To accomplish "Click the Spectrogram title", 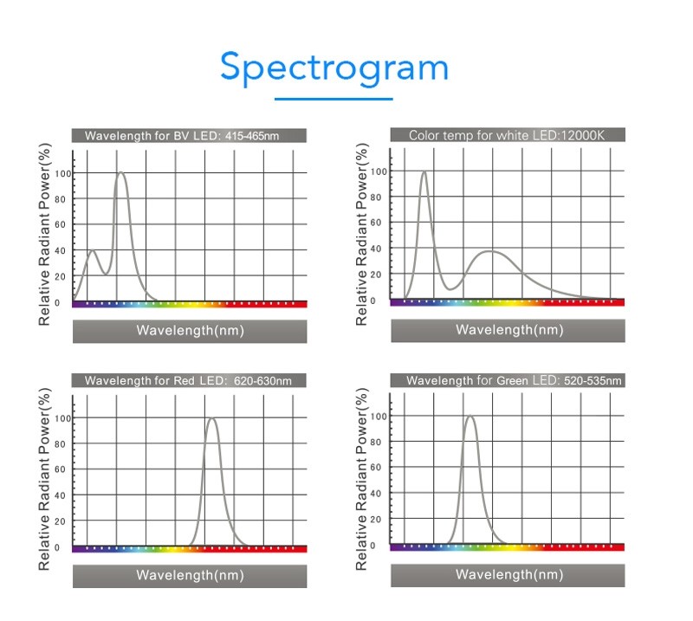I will tap(334, 67).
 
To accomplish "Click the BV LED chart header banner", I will tap(189, 136).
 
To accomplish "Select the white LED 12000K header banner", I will tap(508, 134).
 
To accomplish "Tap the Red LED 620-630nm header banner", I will tap(189, 380).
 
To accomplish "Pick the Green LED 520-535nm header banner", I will tap(508, 380).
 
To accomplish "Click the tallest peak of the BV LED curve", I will tap(120, 173).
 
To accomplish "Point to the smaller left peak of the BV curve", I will tap(92, 251).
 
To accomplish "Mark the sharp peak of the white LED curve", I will tap(424, 171).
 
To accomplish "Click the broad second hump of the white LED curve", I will tap(491, 251).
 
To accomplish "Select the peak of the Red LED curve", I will tap(210, 418).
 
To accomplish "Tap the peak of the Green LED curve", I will tap(470, 417).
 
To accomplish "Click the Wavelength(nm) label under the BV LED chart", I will tap(189, 331).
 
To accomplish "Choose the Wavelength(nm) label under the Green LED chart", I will tap(508, 574).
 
